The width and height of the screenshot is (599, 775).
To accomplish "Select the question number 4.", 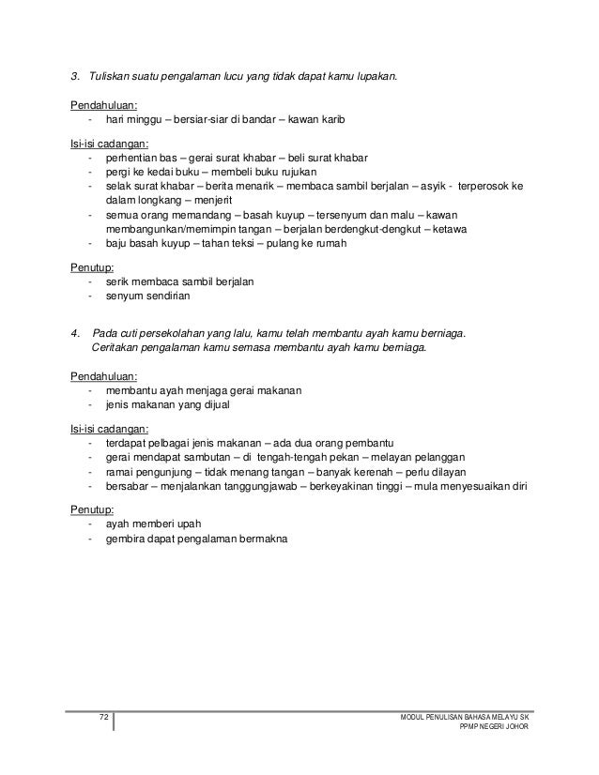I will coord(74,332).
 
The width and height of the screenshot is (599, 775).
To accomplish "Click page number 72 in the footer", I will coord(104,717).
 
